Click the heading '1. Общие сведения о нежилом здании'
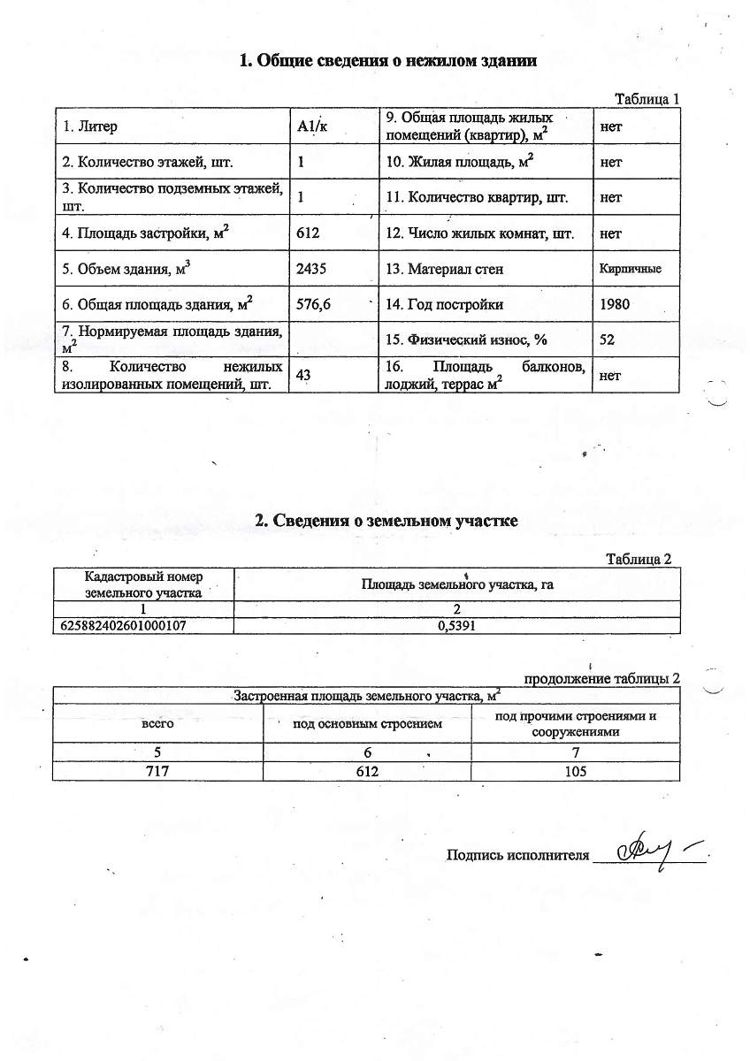(389, 61)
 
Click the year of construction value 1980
(616, 305)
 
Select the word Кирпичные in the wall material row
(630, 269)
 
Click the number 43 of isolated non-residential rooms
(303, 376)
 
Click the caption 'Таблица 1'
(647, 99)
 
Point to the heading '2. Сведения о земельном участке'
(386, 521)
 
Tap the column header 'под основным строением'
(367, 725)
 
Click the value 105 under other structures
(575, 771)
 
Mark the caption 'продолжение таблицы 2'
(602, 678)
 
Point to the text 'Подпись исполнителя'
(517, 855)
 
